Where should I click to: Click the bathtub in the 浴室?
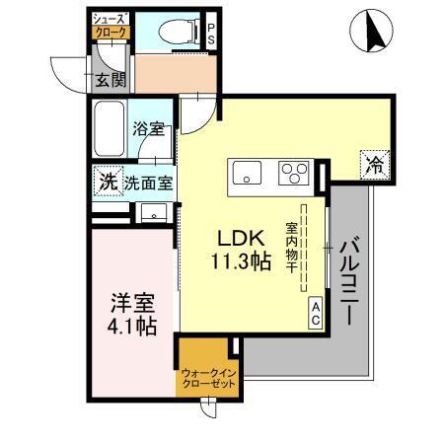pyautogui.click(x=109, y=127)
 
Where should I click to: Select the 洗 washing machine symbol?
pyautogui.click(x=107, y=182)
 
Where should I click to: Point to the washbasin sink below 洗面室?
pyautogui.click(x=152, y=212)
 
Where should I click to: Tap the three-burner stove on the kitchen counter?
pyautogui.click(x=294, y=175)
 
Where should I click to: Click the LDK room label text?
pyautogui.click(x=240, y=239)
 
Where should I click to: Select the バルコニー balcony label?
pyautogui.click(x=348, y=281)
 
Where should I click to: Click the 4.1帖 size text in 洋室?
pyautogui.click(x=131, y=327)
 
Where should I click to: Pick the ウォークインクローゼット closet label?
pyautogui.click(x=207, y=377)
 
